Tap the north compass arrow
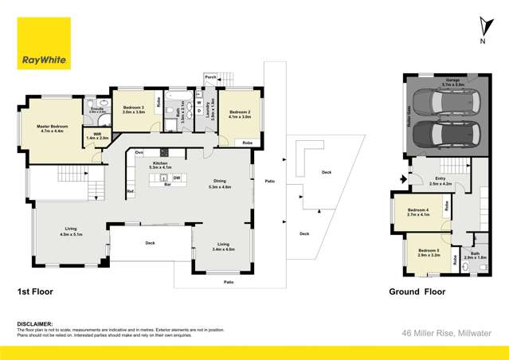[483, 25]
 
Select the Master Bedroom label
[53, 129]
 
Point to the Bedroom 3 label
[133, 109]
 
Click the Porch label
[210, 77]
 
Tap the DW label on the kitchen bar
[176, 178]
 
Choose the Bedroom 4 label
[417, 212]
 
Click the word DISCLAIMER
[34, 324]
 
